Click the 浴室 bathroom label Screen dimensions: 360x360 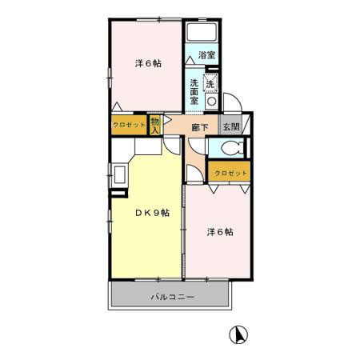pyautogui.click(x=206, y=55)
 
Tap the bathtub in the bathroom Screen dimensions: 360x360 pyautogui.click(x=202, y=32)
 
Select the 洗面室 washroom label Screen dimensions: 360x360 pyautogui.click(x=194, y=91)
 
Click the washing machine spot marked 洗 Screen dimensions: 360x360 pyautogui.click(x=210, y=84)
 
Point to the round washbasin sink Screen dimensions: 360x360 pyautogui.click(x=212, y=102)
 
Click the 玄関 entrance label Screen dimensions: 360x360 pyautogui.click(x=231, y=127)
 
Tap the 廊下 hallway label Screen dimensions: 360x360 pyautogui.click(x=200, y=128)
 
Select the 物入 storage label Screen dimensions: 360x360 pyautogui.click(x=155, y=126)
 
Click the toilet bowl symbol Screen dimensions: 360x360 pyautogui.click(x=232, y=147)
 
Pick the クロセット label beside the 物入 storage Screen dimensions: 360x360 pyautogui.click(x=129, y=125)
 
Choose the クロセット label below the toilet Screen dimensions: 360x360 pyautogui.click(x=230, y=174)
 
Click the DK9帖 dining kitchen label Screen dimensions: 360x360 pyautogui.click(x=152, y=213)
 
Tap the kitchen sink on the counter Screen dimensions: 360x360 pyautogui.click(x=119, y=174)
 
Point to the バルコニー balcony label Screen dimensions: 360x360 pyautogui.click(x=173, y=297)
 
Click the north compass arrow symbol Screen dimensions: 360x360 pyautogui.click(x=238, y=335)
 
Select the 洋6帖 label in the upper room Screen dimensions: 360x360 pyautogui.click(x=148, y=63)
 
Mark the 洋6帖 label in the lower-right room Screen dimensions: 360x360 pyautogui.click(x=220, y=232)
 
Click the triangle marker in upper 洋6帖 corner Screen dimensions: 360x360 pyautogui.click(x=117, y=107)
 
